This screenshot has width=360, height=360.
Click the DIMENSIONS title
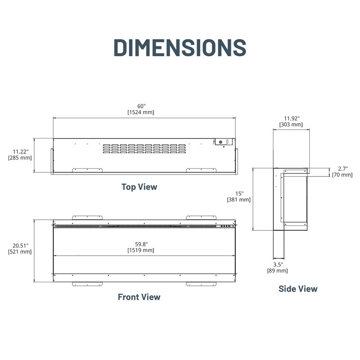(x=180, y=47)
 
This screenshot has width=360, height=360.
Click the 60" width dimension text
(x=141, y=106)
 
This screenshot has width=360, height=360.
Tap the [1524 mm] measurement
(x=141, y=112)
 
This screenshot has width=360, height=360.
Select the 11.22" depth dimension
(x=20, y=152)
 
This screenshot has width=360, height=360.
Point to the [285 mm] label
(x=20, y=158)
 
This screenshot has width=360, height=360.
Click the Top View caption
(x=139, y=187)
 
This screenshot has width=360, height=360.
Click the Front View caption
(x=139, y=297)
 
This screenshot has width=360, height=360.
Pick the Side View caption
(x=298, y=289)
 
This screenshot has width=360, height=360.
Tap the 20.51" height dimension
(x=20, y=245)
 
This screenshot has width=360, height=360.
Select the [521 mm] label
(x=20, y=252)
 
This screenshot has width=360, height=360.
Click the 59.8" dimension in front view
(x=141, y=243)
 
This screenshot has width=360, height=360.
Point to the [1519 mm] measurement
(x=141, y=250)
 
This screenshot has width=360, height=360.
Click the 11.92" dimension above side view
(x=291, y=118)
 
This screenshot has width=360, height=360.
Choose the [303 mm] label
(x=291, y=124)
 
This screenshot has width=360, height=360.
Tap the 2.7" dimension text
(x=342, y=168)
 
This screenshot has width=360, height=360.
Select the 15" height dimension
(x=239, y=193)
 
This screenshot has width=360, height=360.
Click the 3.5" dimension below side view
(x=278, y=264)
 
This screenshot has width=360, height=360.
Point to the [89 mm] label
(x=278, y=270)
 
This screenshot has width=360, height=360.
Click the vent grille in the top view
(x=144, y=148)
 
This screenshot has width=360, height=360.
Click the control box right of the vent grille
(x=223, y=142)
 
